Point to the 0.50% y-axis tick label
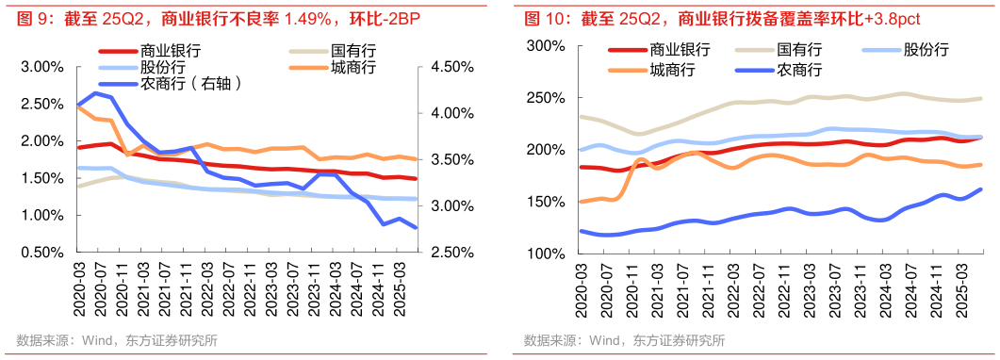tap(41, 253)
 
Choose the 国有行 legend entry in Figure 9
tap(352, 50)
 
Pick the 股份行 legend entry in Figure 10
tap(925, 50)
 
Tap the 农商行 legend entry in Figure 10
tap(798, 69)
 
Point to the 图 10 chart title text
tap(721, 18)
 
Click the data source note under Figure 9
tap(117, 340)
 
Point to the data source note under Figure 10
tap(625, 340)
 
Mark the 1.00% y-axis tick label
tap(41, 215)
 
